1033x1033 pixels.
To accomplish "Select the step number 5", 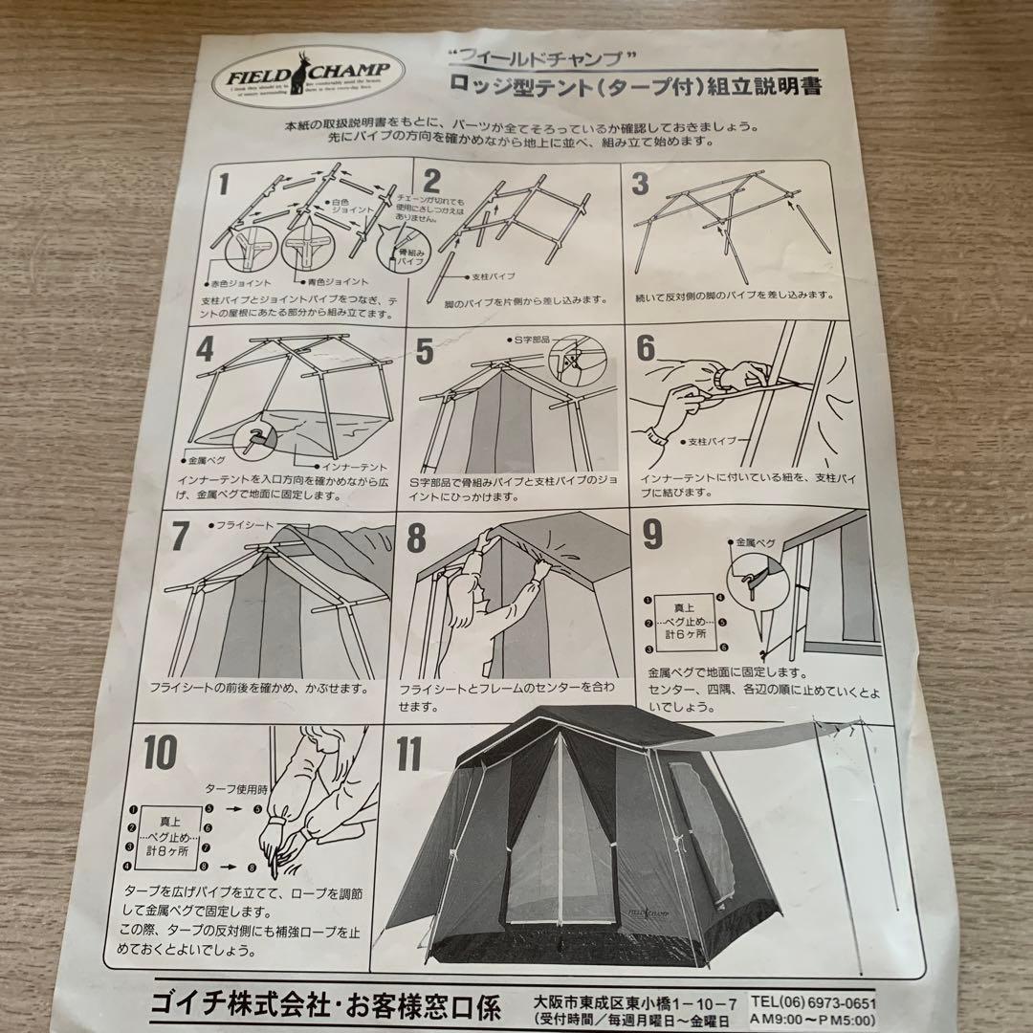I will pos(425,351).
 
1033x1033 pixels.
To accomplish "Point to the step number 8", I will pos(416,538).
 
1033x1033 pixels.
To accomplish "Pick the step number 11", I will pos(408,754).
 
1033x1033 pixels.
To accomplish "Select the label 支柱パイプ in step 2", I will pos(494,276).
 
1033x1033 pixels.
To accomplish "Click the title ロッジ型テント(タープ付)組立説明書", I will pos(637,86).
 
